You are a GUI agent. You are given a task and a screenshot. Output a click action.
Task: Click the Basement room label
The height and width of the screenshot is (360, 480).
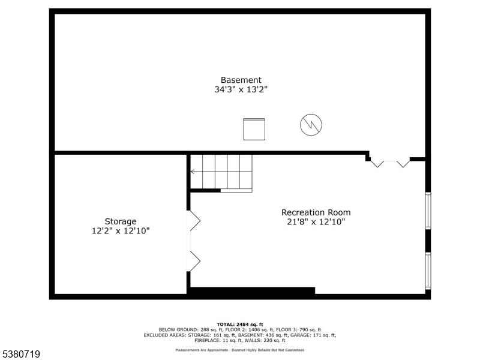coord(241,80)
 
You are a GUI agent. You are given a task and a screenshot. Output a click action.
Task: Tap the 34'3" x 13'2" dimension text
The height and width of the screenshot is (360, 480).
coord(241,89)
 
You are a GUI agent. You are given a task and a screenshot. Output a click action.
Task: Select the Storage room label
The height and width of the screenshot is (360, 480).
coord(121,221)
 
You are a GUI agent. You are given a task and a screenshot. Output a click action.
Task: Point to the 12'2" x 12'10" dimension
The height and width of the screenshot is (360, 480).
coord(121,231)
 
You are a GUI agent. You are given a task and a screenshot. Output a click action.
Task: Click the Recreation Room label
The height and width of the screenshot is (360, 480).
coord(316,212)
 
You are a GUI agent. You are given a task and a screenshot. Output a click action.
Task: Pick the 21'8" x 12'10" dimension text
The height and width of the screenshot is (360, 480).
coord(316,222)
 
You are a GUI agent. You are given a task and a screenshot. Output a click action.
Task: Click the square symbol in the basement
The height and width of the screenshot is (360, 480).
coord(254,129)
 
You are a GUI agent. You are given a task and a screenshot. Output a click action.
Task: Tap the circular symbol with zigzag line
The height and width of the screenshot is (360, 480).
coord(311,125)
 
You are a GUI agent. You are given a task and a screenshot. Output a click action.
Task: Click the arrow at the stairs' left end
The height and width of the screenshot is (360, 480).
coord(193,172)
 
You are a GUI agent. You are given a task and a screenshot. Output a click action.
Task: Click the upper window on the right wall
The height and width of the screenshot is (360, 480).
coord(428,210)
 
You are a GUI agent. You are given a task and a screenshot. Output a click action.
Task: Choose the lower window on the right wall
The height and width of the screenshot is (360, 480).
coord(428,271)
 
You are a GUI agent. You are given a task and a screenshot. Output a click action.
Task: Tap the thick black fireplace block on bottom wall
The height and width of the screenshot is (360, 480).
coord(252,292)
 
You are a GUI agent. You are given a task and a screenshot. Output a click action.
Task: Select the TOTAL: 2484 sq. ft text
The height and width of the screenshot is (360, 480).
coord(240,324)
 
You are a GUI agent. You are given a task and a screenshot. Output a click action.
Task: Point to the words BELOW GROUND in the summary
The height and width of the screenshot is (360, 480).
coord(174,329)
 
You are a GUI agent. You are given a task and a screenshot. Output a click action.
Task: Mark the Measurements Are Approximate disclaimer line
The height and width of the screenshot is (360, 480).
coord(240,350)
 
